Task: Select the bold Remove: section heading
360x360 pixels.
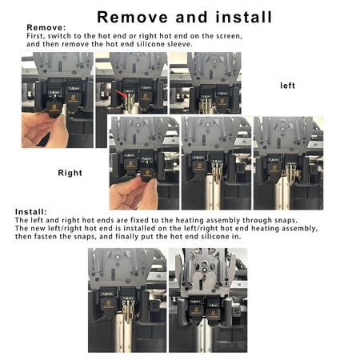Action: (x=37, y=27)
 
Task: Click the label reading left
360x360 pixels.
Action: (x=288, y=85)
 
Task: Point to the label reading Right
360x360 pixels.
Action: (x=70, y=172)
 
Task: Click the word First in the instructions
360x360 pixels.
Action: (x=36, y=37)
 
